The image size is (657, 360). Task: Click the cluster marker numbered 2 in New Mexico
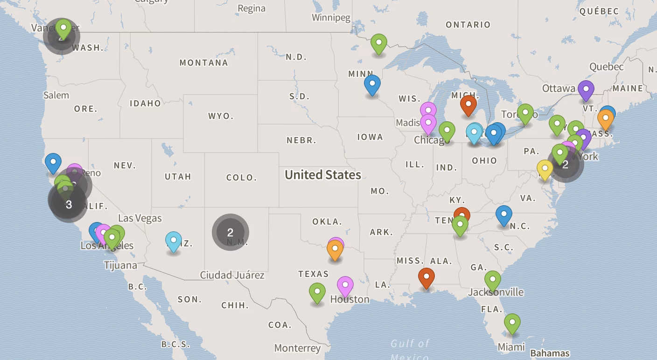230,232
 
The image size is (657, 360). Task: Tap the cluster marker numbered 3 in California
69,204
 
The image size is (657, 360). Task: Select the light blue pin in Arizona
174,241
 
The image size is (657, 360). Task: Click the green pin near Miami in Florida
512,322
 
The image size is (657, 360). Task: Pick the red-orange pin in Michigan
468,104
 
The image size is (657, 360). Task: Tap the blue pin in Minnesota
372,85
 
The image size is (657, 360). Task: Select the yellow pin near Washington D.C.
545,168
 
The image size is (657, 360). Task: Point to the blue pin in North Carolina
503,215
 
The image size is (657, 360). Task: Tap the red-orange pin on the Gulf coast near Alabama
426,277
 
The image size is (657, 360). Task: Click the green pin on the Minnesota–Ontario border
378,43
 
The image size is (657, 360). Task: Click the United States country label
323,175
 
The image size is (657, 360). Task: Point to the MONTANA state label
204,62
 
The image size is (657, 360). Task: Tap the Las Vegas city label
140,218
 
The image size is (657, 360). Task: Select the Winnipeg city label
331,18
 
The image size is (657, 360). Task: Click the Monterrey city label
297,348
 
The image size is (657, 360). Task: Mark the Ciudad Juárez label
232,275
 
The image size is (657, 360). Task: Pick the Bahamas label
550,353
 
